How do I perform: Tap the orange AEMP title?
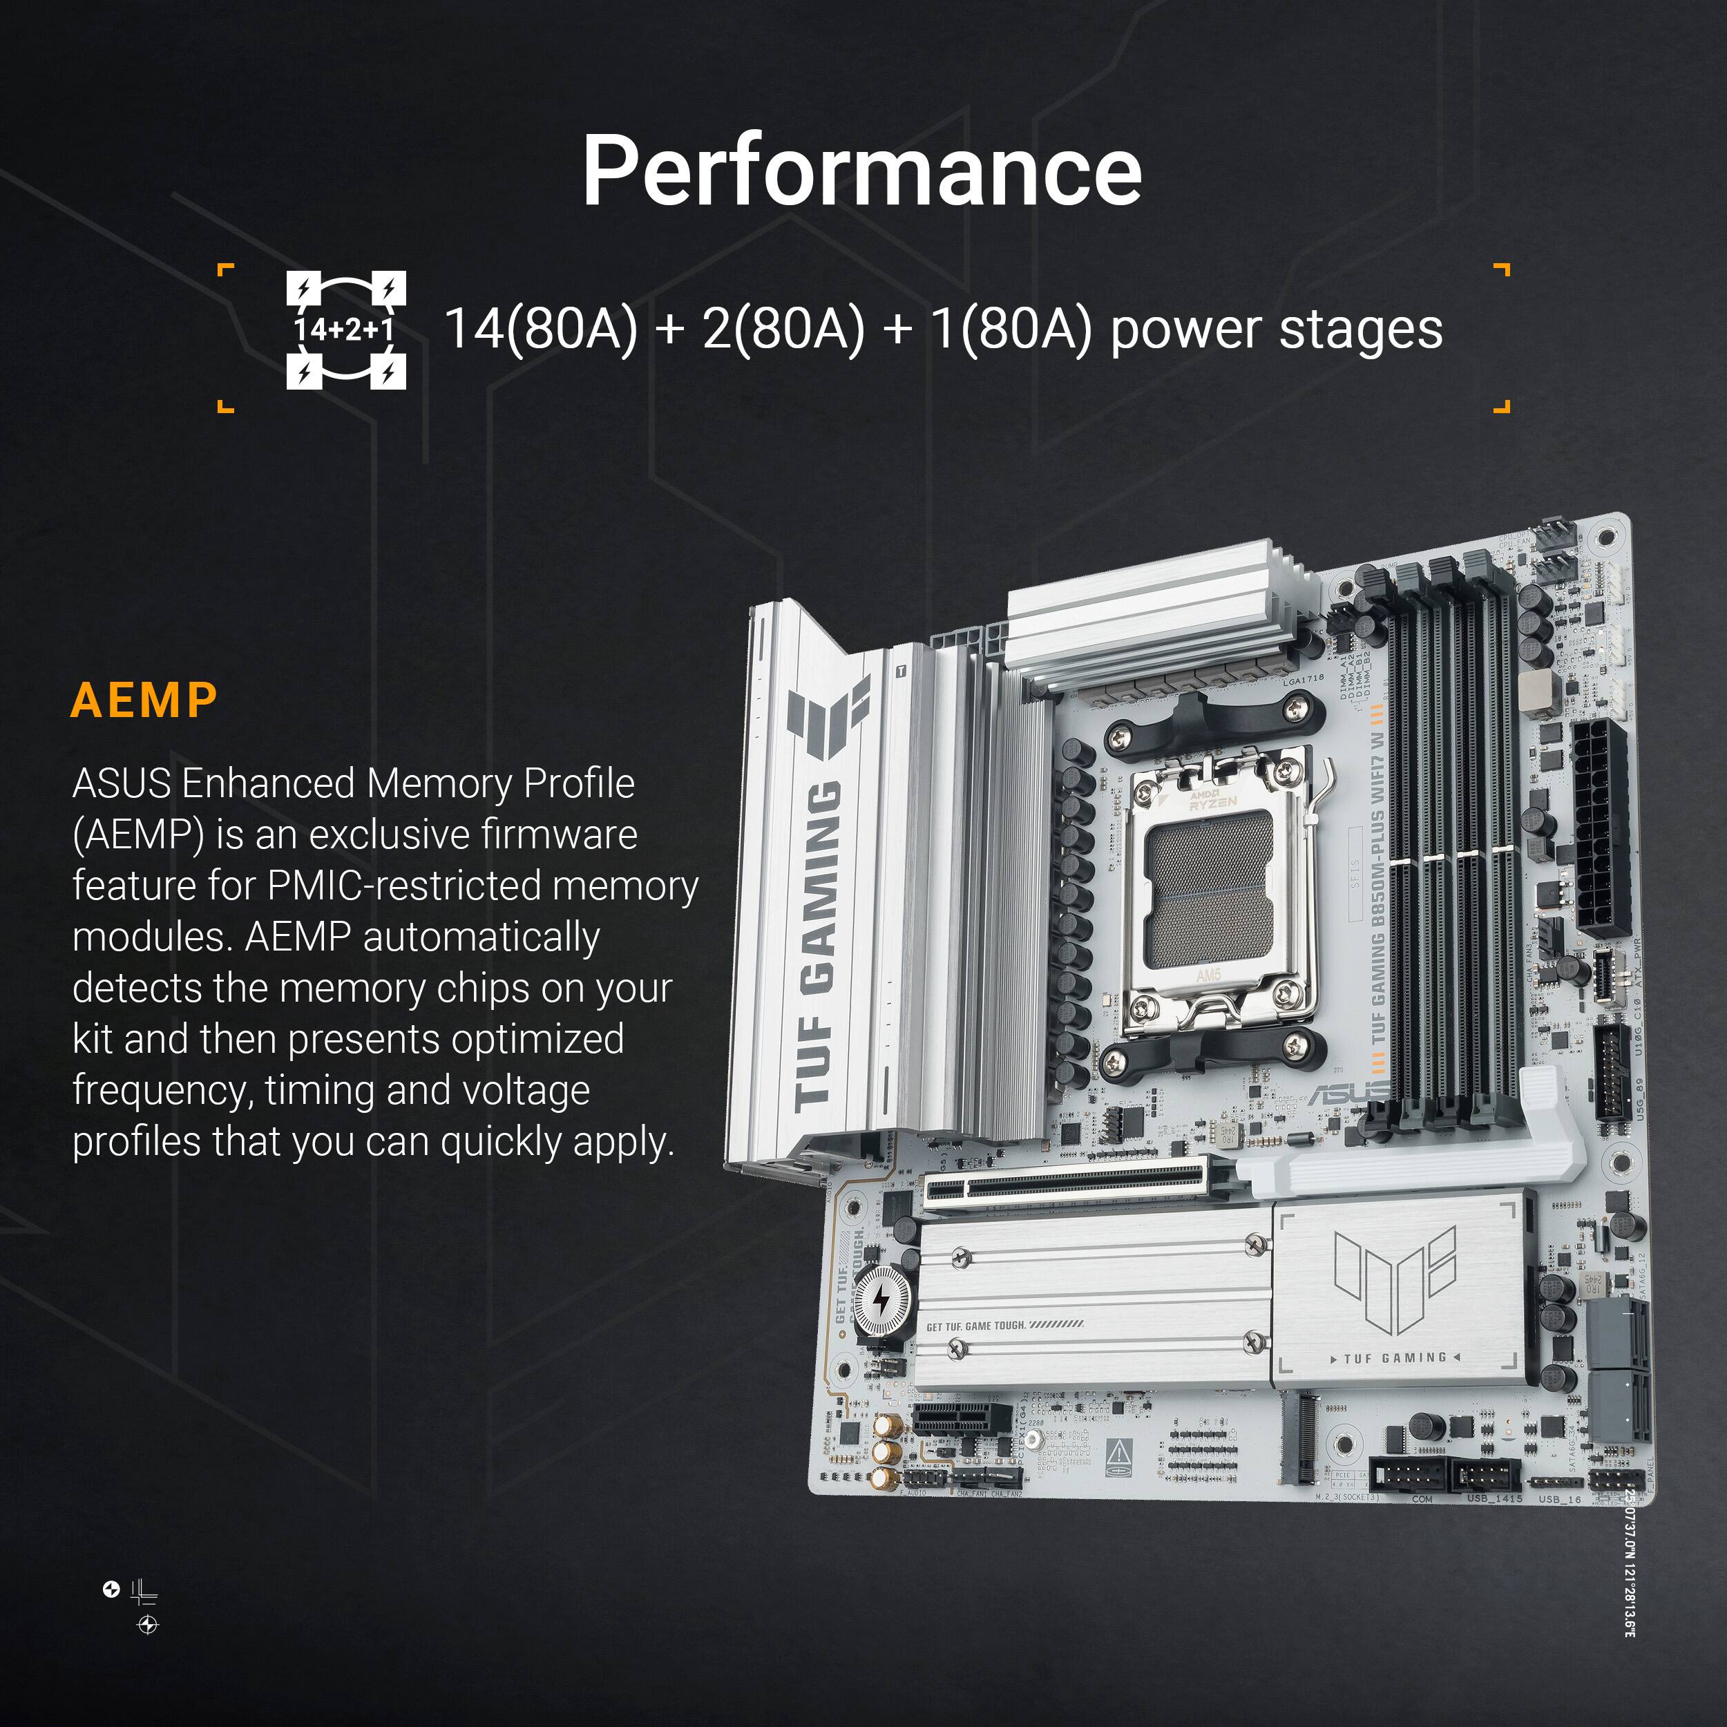click(144, 700)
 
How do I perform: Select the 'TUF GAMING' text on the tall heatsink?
click(820, 948)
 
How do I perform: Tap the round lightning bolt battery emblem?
click(881, 1301)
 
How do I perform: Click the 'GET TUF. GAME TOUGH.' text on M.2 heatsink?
click(1004, 1326)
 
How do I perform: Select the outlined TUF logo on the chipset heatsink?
click(1395, 1274)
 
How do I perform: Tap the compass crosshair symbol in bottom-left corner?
click(149, 1624)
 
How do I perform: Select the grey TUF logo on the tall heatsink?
click(827, 720)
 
